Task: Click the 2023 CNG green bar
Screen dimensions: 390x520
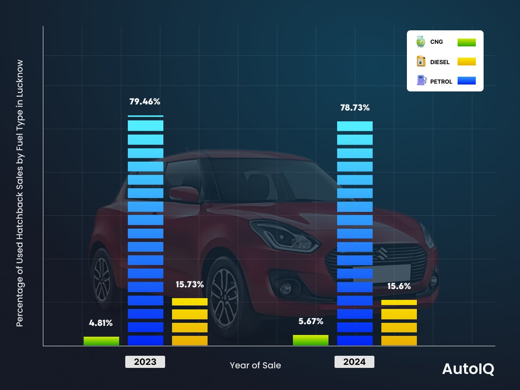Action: [101, 341]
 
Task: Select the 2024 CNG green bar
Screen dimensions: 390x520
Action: [311, 340]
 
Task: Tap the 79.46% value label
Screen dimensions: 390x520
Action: [145, 102]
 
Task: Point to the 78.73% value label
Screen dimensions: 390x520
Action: [354, 107]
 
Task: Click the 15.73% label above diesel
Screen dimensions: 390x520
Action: [190, 285]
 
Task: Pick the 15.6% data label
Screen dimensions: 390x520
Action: [399, 286]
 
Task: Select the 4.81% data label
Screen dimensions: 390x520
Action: [101, 323]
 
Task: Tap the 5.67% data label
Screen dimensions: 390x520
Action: [311, 322]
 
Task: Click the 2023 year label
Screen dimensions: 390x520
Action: [145, 362]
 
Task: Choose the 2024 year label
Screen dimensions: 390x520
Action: [354, 362]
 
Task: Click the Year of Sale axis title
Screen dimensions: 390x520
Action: [255, 365]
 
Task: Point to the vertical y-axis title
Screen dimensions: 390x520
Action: [19, 194]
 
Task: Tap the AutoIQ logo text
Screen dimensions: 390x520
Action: [468, 369]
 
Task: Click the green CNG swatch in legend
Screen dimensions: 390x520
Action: [466, 42]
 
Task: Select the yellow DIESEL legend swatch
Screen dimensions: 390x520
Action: [466, 62]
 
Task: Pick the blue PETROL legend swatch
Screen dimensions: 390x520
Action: [466, 81]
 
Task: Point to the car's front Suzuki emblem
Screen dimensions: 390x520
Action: [382, 253]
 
